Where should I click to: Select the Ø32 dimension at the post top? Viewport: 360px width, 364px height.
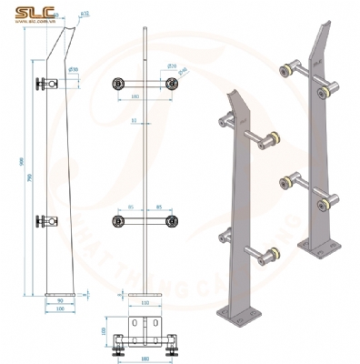coord(85,15)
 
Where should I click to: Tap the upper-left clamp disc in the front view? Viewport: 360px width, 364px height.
coord(117,84)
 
